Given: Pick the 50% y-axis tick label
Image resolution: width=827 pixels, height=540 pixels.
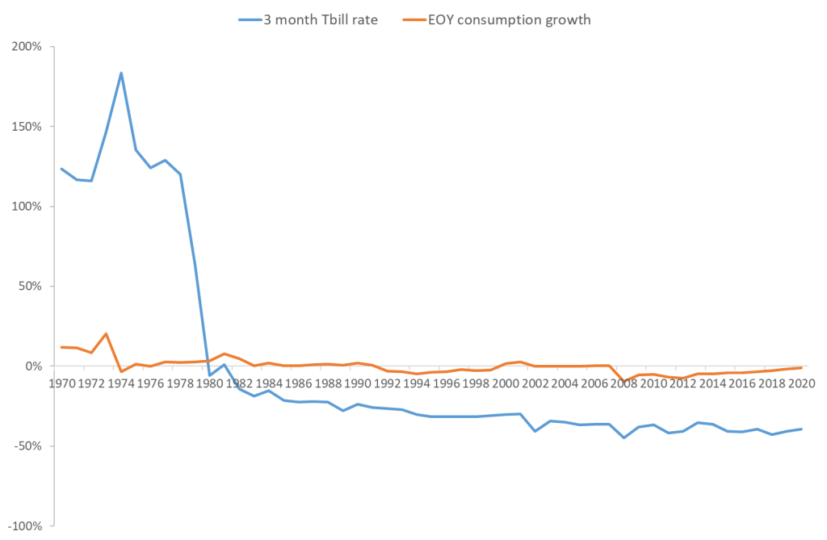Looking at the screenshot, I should coord(30,287).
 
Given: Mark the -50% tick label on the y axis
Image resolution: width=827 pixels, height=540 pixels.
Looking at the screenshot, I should coord(28,446).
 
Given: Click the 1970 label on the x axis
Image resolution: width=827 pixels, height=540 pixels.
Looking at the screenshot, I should coord(61,383).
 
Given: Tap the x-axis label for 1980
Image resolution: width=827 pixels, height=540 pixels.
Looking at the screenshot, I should coord(209,383).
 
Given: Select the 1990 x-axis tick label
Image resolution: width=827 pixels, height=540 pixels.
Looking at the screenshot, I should coord(357,383).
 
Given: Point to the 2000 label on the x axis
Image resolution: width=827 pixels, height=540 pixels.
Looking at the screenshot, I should coord(505,383).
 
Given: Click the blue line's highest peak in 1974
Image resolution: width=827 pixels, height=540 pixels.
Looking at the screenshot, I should coord(121,73).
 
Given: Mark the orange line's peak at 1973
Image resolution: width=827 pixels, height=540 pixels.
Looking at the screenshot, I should coord(106,333).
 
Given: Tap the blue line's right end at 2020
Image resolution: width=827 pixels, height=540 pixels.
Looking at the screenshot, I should coord(801,429).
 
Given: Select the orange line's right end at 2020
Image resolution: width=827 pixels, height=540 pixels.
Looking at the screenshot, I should coord(801,367).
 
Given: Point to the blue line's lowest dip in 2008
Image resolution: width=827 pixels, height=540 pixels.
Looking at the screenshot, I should coord(623,437).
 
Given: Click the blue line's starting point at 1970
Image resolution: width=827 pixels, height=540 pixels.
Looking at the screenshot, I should coord(61,168).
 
